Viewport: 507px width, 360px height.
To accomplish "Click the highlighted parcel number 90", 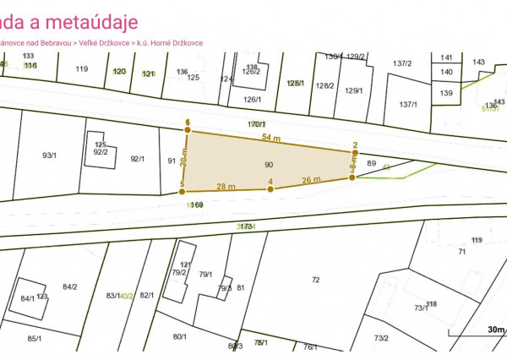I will click(269, 164).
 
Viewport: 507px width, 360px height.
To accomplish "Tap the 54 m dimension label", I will click(270, 137).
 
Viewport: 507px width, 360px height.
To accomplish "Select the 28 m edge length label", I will click(225, 185).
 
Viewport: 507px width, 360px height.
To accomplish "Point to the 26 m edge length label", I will click(311, 179).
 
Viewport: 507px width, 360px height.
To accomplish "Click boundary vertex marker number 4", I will click(270, 188).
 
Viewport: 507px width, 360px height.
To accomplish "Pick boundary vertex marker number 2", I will click(355, 152).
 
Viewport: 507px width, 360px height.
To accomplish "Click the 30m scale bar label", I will click(495, 330).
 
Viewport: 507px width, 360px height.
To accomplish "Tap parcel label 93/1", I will click(49, 155).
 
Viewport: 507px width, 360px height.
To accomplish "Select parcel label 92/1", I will click(138, 158).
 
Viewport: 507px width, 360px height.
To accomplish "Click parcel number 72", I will click(316, 280).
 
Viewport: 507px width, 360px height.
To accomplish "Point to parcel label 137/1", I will click(408, 105).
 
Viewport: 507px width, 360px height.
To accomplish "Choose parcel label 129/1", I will click(354, 91).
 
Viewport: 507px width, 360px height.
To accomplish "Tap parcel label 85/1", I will click(35, 339).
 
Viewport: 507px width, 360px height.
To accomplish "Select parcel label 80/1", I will click(180, 337).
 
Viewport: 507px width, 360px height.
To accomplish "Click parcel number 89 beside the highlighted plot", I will click(371, 163).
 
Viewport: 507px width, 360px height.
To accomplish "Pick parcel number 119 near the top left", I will click(81, 69).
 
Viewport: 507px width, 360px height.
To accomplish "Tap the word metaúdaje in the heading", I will click(90, 21).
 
